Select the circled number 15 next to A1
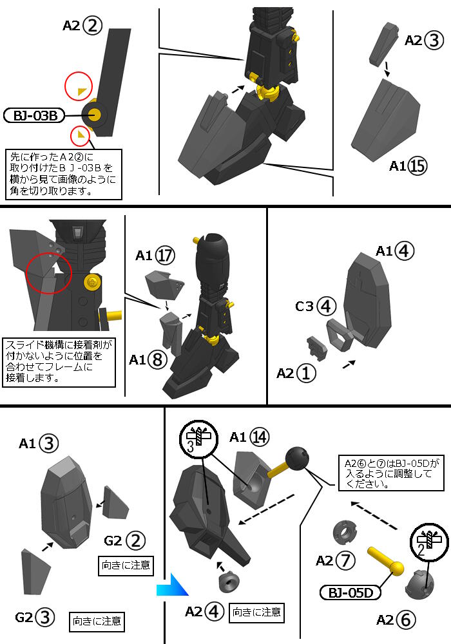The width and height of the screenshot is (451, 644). tap(417, 166)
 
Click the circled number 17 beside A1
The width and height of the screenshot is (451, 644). tap(164, 256)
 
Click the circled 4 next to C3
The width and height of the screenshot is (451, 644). tap(326, 307)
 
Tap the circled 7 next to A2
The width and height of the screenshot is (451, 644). tap(345, 560)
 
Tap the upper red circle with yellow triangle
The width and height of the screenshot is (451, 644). tap(79, 88)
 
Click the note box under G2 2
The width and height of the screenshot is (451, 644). tap(126, 565)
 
